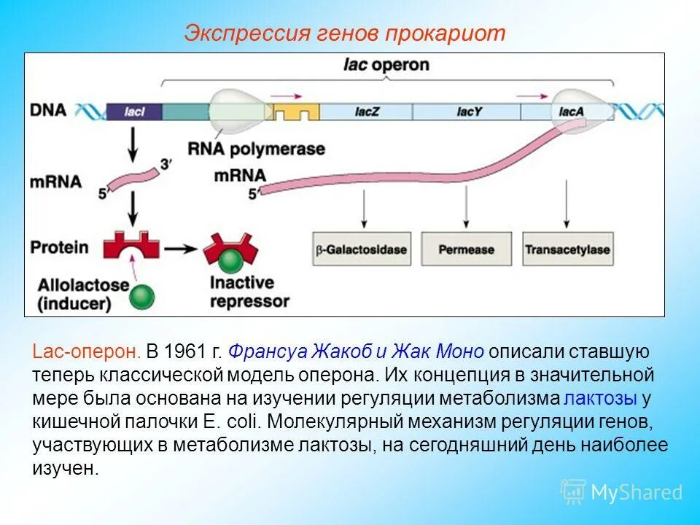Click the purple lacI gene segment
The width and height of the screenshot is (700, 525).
134,112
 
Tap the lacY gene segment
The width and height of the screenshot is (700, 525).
467,112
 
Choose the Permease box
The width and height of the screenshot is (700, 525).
465,250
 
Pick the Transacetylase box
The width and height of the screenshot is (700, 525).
567,250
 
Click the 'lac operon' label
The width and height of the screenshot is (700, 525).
386,65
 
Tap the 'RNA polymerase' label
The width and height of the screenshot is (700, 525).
256,149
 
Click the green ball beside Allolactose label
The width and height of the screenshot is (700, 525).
142,295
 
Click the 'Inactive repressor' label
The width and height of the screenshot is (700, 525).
249,291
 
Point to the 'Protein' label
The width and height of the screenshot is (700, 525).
59,247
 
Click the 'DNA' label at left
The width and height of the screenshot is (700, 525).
48,111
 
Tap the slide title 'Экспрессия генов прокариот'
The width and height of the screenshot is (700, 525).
344,34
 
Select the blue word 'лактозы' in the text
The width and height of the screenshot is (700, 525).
601,399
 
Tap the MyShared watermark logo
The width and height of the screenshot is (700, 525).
621,492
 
